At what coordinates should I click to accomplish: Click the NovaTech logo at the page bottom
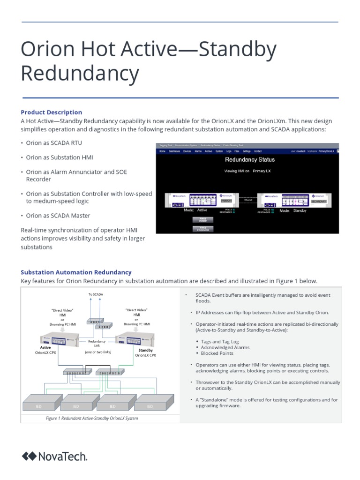click(54, 456)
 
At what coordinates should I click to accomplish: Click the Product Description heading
click(52, 112)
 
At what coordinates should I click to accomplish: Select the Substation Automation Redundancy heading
click(76, 272)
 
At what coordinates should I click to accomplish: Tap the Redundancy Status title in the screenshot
click(250, 159)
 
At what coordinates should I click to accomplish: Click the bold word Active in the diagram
click(45, 347)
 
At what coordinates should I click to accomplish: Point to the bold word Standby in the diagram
click(146, 350)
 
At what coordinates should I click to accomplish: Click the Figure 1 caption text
click(91, 418)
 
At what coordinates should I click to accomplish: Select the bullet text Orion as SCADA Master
click(58, 216)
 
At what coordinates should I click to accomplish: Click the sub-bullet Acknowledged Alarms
click(225, 347)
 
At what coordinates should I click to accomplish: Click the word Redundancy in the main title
click(80, 74)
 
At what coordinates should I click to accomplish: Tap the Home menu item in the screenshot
click(162, 151)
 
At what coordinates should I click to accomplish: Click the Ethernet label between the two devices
click(248, 199)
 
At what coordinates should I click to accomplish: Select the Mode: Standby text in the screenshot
click(293, 211)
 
